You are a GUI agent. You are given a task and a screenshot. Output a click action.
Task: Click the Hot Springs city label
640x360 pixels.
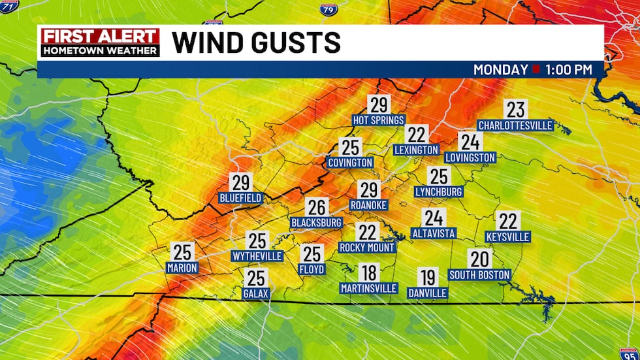click(379, 120)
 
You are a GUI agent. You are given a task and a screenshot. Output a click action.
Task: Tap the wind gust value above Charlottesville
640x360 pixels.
click(516, 110)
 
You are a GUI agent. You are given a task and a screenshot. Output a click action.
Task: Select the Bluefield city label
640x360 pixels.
click(240, 197)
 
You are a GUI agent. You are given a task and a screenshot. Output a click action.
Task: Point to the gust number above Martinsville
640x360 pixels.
click(369, 272)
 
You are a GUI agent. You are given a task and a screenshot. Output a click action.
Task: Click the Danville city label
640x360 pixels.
click(427, 293)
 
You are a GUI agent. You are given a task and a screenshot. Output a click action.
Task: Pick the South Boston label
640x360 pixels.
click(479, 274)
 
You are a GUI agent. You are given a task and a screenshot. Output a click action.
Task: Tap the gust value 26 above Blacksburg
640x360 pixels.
click(317, 208)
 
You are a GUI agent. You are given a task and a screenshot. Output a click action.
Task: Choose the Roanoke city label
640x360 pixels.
click(369, 205)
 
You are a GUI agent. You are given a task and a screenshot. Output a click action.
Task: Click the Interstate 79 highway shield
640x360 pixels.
click(328, 9)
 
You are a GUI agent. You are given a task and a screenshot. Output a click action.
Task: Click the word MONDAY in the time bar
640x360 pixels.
click(501, 69)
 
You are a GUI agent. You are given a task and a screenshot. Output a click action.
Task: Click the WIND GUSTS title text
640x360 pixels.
click(256, 43)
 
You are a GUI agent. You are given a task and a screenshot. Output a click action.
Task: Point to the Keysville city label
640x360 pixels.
click(508, 237)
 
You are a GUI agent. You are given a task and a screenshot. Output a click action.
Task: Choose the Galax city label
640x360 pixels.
click(255, 293)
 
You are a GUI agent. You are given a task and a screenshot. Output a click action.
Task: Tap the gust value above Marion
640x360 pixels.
click(182, 252)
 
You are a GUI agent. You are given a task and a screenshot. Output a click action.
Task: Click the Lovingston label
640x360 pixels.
click(470, 157)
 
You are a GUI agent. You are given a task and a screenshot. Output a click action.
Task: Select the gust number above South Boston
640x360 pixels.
click(479, 259)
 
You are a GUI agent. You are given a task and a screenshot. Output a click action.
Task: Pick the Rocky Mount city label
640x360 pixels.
click(368, 248)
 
